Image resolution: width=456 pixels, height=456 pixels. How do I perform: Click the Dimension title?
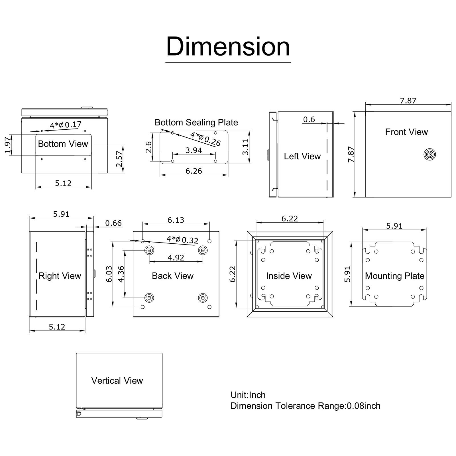coord(228,47)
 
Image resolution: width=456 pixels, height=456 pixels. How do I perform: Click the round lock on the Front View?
coord(429,154)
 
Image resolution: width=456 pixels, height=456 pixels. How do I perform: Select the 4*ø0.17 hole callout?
coord(66,125)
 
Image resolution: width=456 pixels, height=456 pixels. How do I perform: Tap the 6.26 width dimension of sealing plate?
coord(194,171)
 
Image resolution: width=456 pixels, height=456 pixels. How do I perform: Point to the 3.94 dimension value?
coord(194,150)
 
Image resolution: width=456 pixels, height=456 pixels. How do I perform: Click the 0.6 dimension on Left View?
coord(309,119)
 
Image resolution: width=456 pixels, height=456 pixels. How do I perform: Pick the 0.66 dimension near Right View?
coord(113,223)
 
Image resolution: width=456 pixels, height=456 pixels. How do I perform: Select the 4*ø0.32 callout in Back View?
coord(182,239)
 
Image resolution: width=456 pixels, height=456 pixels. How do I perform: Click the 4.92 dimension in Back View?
coord(176,258)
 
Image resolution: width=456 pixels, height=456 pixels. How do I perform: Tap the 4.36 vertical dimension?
coord(121,274)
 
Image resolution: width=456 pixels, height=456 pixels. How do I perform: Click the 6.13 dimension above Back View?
coord(176,220)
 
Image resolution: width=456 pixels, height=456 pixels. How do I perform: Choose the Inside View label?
coord(289,276)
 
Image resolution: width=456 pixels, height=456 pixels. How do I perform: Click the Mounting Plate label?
coord(394,276)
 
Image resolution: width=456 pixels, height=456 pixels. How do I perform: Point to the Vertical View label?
coord(117,381)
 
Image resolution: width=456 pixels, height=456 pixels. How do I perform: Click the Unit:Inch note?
coord(248,395)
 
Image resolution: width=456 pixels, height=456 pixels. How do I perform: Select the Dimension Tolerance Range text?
coord(305,406)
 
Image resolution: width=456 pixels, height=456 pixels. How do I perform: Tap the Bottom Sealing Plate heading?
coord(196,123)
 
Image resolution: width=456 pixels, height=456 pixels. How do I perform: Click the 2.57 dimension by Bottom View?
coord(119,159)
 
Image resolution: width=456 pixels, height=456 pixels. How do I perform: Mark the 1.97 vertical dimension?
coord(8,145)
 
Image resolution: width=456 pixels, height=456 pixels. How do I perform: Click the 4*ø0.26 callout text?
coord(205,139)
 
